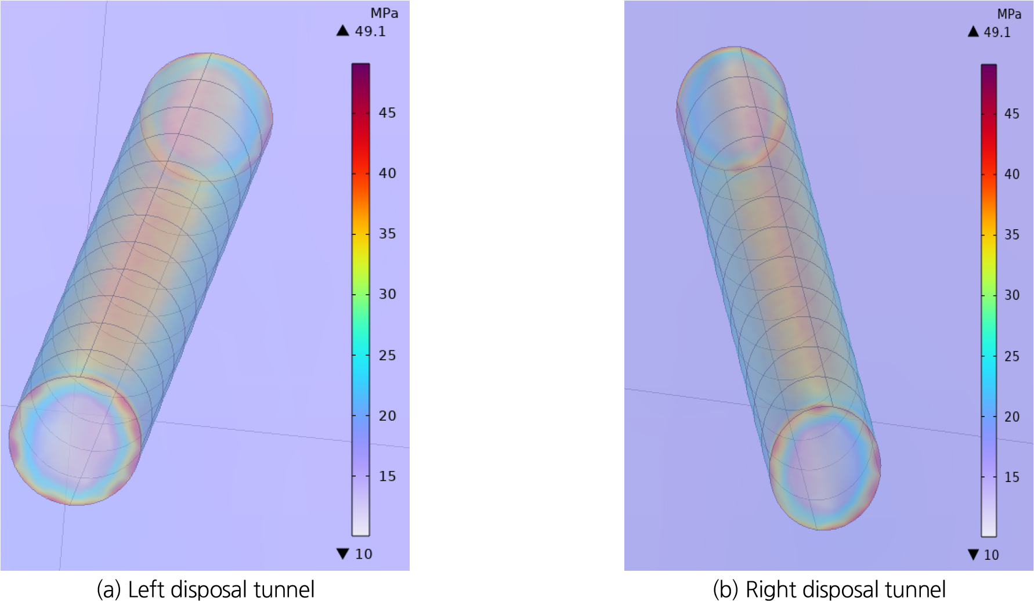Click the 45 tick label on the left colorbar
click(388, 113)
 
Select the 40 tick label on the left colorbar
click(388, 173)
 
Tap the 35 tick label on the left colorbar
click(388, 233)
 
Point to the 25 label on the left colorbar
click(388, 355)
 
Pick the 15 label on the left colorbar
click(388, 476)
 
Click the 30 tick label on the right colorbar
click(1012, 295)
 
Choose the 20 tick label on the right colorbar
click(1012, 417)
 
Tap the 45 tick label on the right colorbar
click(1012, 114)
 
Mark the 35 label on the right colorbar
click(1012, 234)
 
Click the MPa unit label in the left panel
click(384, 13)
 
